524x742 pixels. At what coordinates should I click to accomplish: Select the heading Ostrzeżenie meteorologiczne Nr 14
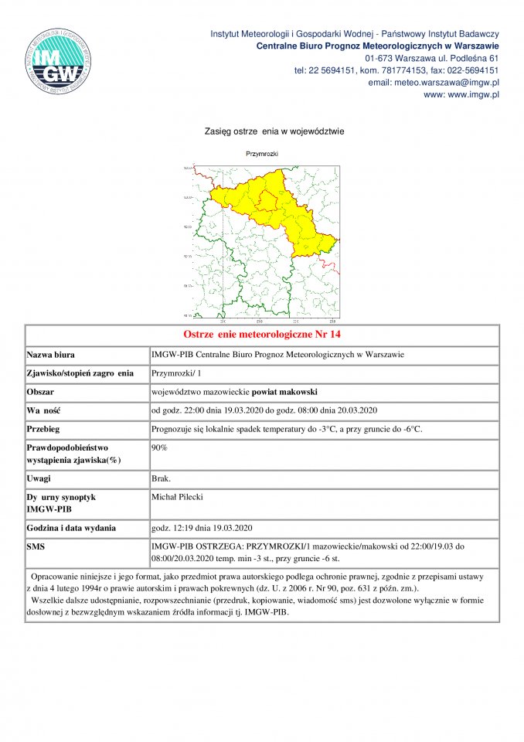pyautogui.click(x=262, y=335)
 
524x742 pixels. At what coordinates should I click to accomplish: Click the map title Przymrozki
pyautogui.click(x=262, y=154)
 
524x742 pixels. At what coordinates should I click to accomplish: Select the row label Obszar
pyautogui.click(x=42, y=391)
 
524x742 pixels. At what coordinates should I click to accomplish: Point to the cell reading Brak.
pyautogui.click(x=162, y=479)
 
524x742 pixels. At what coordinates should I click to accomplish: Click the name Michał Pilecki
pyautogui.click(x=178, y=497)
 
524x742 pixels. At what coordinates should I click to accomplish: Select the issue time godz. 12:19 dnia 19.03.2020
pyautogui.click(x=202, y=529)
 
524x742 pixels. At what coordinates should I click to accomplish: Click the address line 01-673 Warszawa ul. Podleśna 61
pyautogui.click(x=431, y=58)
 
